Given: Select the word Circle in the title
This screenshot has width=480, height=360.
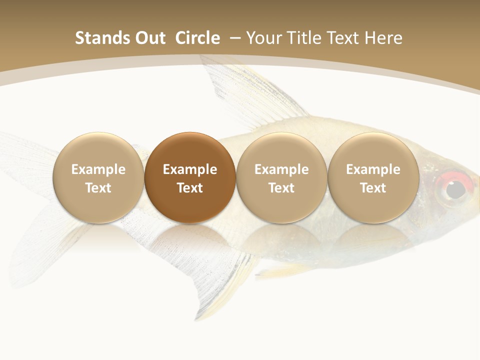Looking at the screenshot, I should coord(197,38).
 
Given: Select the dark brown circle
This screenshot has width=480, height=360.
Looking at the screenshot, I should coord(190,150).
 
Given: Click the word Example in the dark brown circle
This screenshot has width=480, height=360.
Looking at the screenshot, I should coord(190,169).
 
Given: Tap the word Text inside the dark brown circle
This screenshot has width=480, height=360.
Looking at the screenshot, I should coord(190,188).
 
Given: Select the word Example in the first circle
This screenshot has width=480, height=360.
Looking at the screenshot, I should coord(98,169).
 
